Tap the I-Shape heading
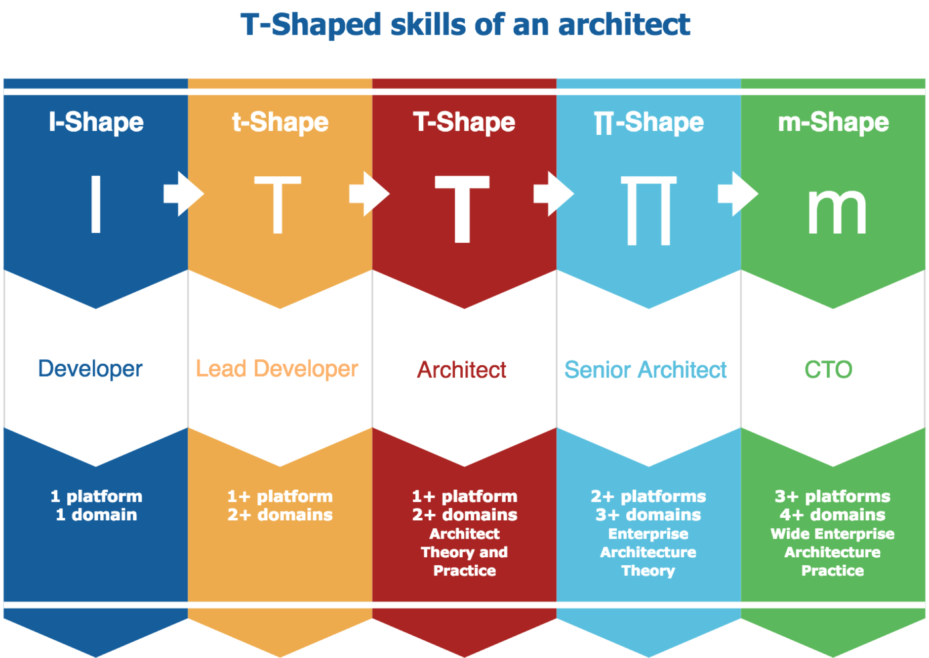pos(96,122)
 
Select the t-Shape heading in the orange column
pos(280,122)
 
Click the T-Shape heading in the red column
pos(464,122)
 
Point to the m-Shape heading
pos(833,122)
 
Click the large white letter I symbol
pos(96,204)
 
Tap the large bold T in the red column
pos(462,209)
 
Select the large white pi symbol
pos(648,210)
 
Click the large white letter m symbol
pos(837,211)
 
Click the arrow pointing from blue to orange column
pos(183,194)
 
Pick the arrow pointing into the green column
pos(737,194)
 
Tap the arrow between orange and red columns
pos(368,194)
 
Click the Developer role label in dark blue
pos(90,369)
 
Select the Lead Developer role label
pos(277,369)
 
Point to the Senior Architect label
pos(645,370)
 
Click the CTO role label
pos(828,370)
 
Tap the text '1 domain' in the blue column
pos(96,515)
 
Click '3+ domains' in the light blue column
pos(648,515)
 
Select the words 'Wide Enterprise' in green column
pos(832,534)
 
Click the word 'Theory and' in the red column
pos(464,552)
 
